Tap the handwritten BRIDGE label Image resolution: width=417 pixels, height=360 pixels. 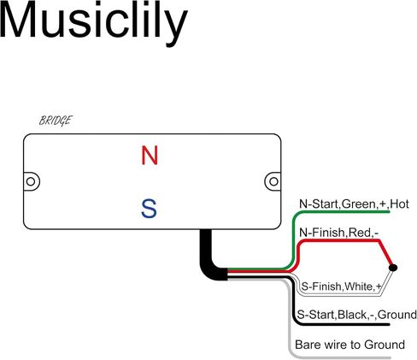click(56, 121)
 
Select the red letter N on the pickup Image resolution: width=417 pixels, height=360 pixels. click(150, 156)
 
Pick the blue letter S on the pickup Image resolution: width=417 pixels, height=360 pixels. click(149, 209)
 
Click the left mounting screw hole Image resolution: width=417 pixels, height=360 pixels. click(31, 181)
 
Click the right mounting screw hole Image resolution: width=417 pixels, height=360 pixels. click(273, 181)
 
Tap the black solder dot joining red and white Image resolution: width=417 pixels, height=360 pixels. click(393, 268)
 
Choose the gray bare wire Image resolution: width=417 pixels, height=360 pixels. click(290, 314)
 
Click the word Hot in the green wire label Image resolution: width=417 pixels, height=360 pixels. click(399, 204)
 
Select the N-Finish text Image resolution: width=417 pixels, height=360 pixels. click(322, 233)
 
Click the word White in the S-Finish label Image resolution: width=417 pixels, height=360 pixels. click(360, 286)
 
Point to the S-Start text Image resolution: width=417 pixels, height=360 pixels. click(316, 315)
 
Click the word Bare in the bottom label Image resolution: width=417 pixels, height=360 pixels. click(307, 345)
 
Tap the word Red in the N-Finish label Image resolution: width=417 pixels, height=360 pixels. click(360, 233)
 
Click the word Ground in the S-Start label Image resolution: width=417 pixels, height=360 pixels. click(397, 315)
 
